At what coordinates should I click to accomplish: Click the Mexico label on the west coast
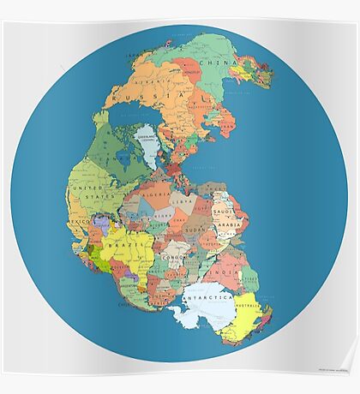click(x=79, y=220)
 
